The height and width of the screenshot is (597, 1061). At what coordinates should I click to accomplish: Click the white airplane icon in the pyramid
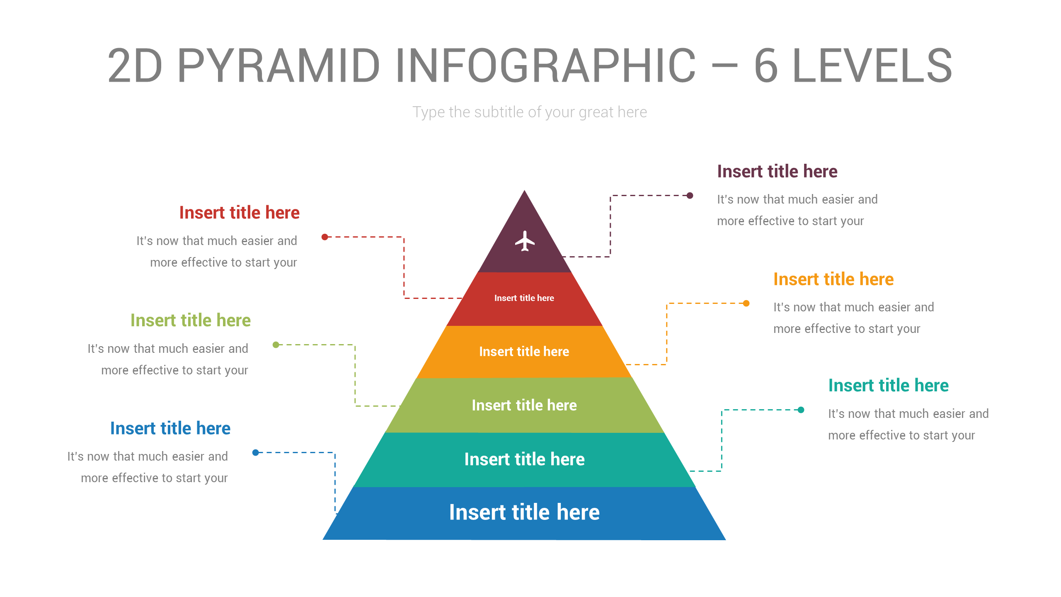tap(525, 241)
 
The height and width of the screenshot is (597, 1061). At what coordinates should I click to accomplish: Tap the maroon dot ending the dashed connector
tap(690, 196)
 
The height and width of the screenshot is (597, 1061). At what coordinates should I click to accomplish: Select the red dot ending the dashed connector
tap(325, 237)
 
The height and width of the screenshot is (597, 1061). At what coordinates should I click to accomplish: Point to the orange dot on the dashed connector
tap(746, 303)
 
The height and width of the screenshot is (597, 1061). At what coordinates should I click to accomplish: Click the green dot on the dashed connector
tap(276, 345)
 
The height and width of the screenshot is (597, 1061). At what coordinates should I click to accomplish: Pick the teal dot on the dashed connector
tap(801, 410)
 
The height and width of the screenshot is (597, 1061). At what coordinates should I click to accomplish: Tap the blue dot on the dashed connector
tap(256, 452)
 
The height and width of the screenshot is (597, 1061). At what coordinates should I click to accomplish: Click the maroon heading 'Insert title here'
tap(777, 171)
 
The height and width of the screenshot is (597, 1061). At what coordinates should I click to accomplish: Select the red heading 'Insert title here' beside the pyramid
tap(239, 213)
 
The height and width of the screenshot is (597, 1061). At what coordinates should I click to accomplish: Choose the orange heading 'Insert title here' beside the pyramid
tap(833, 279)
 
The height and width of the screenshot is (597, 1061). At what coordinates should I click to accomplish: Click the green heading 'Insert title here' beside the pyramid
tap(190, 320)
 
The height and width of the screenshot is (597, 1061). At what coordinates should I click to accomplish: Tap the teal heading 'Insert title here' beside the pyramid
tap(888, 386)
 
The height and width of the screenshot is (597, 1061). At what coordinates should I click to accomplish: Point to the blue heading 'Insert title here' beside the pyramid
tap(170, 428)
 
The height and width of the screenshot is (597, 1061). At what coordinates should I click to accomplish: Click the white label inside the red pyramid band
tap(524, 298)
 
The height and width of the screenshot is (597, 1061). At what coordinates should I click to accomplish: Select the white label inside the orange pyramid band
tap(524, 352)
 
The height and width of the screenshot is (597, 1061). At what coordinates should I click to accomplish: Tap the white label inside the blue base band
tap(524, 512)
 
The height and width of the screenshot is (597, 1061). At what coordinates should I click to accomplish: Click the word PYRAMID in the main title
tap(279, 66)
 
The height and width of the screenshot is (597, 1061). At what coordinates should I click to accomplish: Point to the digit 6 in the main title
tap(766, 66)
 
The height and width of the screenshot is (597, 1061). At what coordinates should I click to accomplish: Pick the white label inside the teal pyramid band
tap(524, 459)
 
